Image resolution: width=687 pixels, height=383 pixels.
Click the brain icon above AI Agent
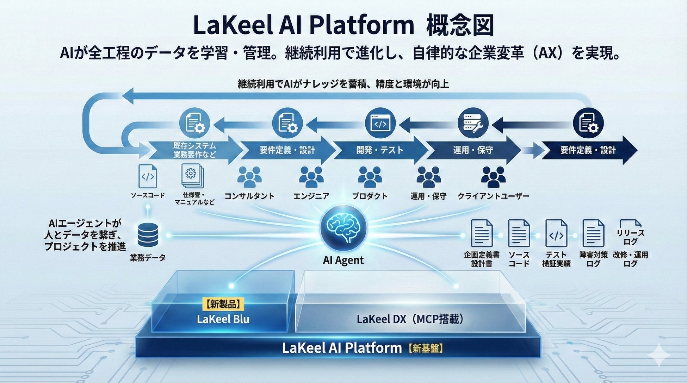click(343, 228)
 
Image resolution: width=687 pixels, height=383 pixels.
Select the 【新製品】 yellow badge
click(223, 304)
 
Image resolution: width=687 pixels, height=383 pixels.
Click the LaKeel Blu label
click(223, 319)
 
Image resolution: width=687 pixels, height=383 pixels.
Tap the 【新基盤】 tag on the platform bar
click(426, 348)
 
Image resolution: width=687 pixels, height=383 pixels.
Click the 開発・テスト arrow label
click(380, 150)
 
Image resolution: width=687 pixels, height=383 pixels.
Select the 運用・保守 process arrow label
click(473, 150)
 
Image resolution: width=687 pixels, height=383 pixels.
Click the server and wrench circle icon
click(473, 123)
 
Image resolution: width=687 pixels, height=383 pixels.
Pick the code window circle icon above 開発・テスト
click(380, 123)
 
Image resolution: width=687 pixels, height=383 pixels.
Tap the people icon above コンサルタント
click(249, 177)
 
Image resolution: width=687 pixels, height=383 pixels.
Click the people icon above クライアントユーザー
click(493, 177)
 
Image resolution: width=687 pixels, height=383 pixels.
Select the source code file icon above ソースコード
click(148, 176)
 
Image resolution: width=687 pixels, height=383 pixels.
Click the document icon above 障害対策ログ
click(593, 233)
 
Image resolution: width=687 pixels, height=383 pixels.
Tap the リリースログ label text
click(630, 237)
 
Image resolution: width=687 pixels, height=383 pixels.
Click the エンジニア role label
click(311, 196)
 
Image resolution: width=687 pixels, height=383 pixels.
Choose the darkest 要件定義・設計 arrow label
click(588, 150)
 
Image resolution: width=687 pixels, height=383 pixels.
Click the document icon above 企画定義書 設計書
click(482, 233)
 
